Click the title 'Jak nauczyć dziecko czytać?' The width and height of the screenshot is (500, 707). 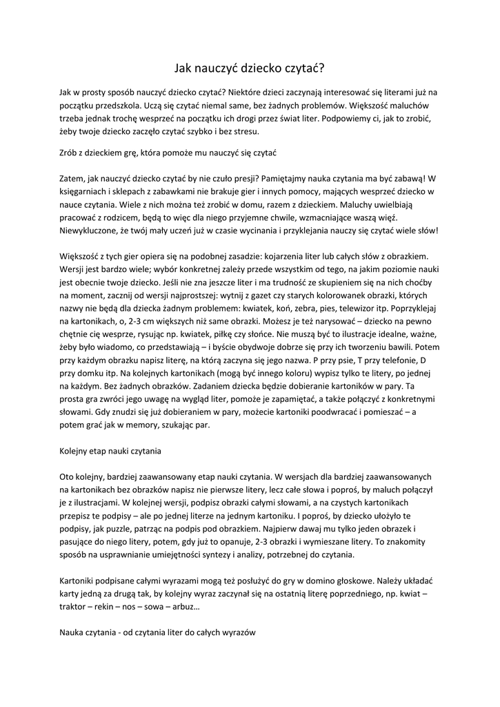click(x=250, y=68)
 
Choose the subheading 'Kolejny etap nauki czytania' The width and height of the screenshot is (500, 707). click(x=110, y=452)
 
